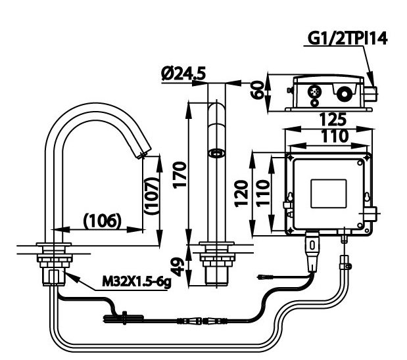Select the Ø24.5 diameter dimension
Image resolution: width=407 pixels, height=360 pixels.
(x=183, y=74)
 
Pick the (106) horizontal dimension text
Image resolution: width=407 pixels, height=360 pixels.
(x=102, y=221)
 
